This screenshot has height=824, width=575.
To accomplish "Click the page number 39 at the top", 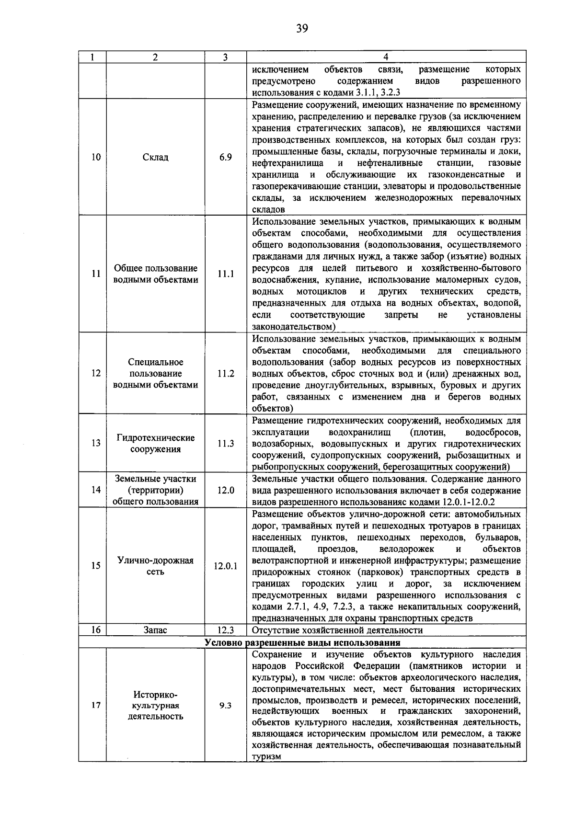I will click(301, 28).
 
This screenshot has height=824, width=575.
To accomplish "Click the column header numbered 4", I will click(386, 57).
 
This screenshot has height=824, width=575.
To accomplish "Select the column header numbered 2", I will click(155, 57).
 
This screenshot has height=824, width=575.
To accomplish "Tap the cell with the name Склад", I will click(155, 157).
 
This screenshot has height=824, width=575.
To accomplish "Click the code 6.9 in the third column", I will click(225, 157).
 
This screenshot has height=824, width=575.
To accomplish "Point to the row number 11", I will click(96, 274).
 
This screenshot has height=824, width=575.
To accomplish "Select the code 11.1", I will click(225, 274).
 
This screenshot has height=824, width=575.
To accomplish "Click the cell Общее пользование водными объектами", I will click(155, 274).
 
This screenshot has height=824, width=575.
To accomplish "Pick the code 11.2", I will click(225, 374).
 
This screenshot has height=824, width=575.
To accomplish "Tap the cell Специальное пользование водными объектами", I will click(155, 374).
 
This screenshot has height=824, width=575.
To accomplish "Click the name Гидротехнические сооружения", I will click(155, 443).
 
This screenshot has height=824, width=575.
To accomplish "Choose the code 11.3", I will click(225, 444).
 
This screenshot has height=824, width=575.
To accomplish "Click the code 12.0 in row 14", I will click(225, 490).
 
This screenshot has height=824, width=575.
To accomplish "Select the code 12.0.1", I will click(225, 566).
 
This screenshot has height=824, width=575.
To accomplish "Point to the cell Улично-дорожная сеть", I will click(155, 566).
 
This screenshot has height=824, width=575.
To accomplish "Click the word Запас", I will click(155, 630).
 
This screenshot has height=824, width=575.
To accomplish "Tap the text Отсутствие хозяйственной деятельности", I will click(337, 630).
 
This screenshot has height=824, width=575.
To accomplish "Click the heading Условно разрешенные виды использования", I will click(302, 642).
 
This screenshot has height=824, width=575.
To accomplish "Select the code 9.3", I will click(225, 706).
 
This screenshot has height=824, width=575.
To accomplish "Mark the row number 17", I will click(96, 706).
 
